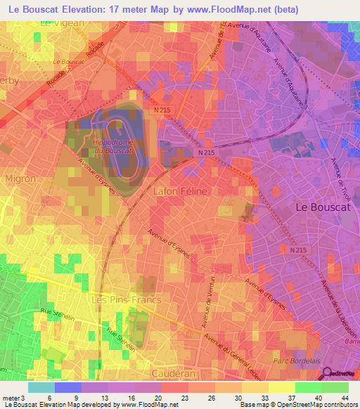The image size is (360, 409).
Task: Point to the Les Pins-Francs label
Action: click(127, 299)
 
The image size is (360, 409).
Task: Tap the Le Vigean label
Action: click(62, 22)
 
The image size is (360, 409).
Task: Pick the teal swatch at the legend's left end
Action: click(41, 387)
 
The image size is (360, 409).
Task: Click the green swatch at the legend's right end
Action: click(335, 387)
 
